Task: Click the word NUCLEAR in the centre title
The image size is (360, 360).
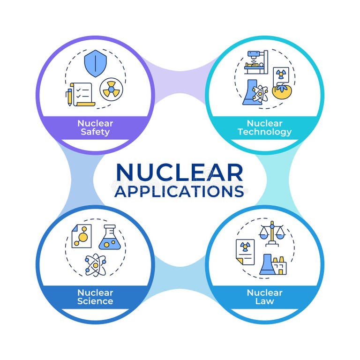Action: click(180, 172)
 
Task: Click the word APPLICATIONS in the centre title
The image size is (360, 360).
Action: click(180, 191)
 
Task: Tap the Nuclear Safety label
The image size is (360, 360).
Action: click(95, 127)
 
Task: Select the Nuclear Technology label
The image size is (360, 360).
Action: click(264, 127)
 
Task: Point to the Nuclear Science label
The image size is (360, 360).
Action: click(95, 297)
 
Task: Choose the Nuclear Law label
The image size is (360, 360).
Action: click(264, 297)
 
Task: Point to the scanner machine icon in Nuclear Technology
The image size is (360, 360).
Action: click(255, 61)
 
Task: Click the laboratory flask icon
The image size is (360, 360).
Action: click(108, 237)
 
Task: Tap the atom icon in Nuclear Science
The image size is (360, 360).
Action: click(96, 265)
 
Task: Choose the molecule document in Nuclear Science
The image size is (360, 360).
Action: click(81, 236)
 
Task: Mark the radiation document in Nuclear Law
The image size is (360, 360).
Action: click(245, 252)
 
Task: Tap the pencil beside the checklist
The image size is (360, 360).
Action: click(69, 96)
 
